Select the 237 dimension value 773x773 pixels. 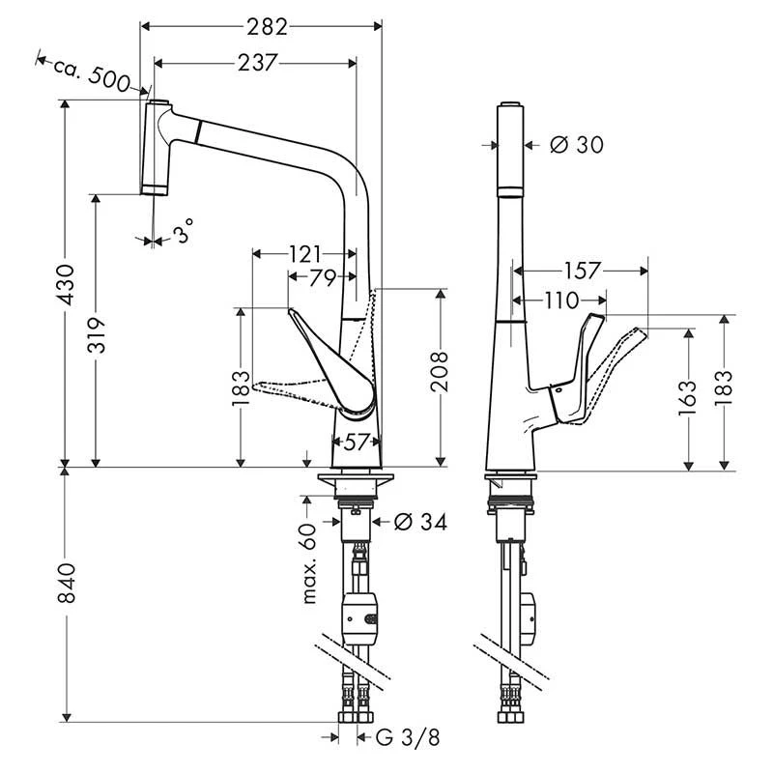coord(255,63)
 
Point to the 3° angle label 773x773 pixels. coord(184,230)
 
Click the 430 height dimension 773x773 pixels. coord(67,284)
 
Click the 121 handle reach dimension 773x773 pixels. coord(304,254)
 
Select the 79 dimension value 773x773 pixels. coord(323,278)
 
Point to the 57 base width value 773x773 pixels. coord(358,443)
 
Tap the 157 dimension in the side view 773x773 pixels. coord(580,271)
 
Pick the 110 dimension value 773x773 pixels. coord(560,301)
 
